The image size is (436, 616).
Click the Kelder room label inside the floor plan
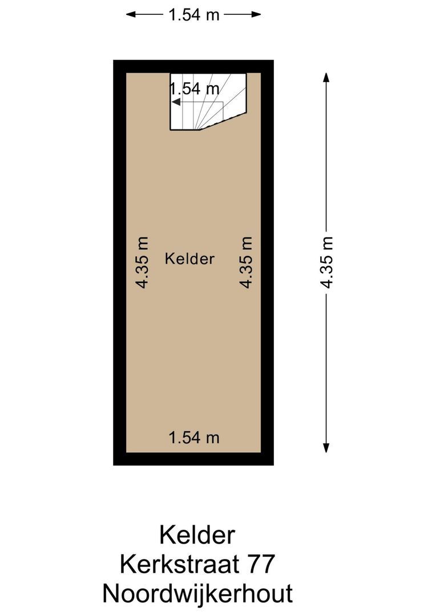click(189, 258)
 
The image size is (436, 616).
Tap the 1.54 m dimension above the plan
click(193, 14)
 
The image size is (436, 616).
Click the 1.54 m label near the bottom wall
click(194, 437)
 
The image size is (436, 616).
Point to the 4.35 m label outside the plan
click(326, 262)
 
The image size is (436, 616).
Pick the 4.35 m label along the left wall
click(142, 262)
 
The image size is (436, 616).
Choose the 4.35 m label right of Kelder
click(246, 262)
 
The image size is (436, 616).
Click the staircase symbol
click(208, 102)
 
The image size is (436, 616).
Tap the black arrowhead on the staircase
click(176, 102)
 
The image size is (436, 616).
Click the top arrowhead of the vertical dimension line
click(326, 76)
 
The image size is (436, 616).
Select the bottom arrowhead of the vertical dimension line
click(326, 449)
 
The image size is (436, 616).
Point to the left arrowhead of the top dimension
click(130, 14)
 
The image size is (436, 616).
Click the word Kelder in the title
click(197, 535)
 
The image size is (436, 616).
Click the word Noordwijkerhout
click(197, 593)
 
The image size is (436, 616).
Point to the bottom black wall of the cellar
click(193, 459)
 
